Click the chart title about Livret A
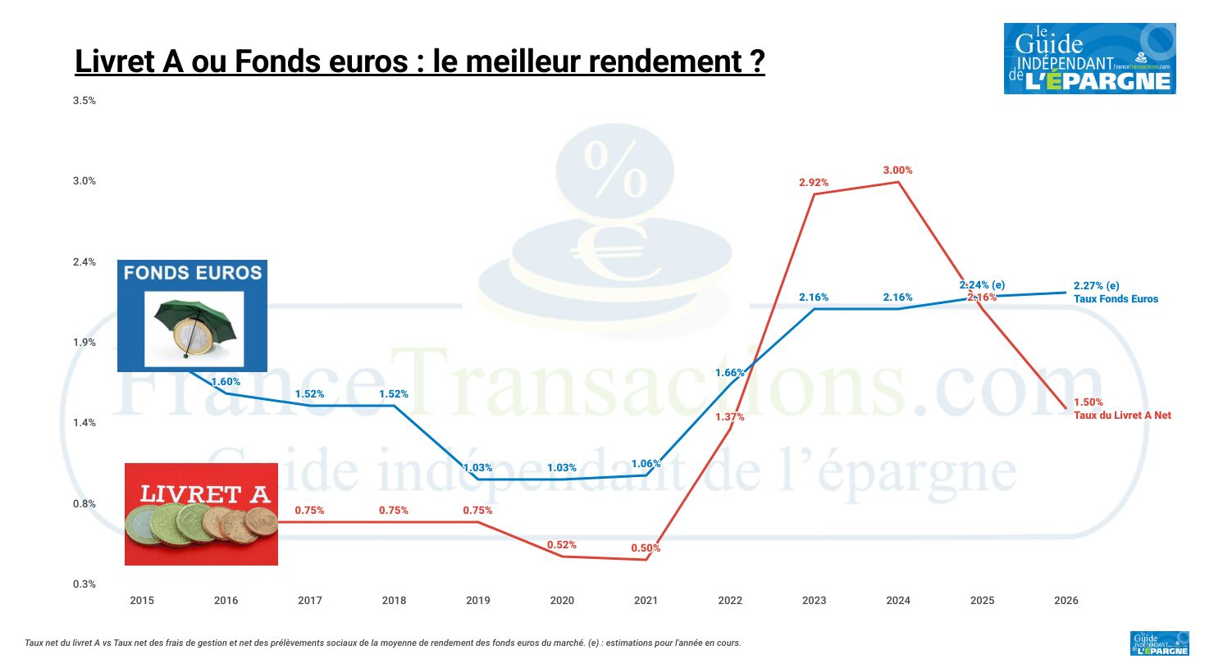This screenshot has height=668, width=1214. [x=419, y=61]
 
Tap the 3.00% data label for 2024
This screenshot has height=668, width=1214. [x=897, y=170]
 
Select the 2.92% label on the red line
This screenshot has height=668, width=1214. [x=814, y=183]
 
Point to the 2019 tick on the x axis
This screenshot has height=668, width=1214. [x=478, y=601]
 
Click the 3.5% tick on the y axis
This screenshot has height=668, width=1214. [x=84, y=101]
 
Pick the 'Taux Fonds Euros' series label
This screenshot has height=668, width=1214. [x=1116, y=299]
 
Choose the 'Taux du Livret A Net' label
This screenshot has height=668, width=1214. [x=1122, y=416]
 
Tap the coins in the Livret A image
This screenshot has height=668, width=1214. [x=202, y=525]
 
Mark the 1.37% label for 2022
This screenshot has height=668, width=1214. [x=729, y=417]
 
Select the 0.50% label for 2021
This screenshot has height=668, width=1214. [x=646, y=548]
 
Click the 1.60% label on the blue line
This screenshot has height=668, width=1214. [x=226, y=382]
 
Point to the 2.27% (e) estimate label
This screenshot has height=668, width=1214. [x=1096, y=286]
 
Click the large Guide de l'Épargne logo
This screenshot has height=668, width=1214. [x=1089, y=58]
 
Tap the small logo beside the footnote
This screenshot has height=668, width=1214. [x=1159, y=643]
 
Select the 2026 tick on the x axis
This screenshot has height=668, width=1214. [x=1066, y=601]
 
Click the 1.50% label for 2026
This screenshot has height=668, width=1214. [x=1088, y=402]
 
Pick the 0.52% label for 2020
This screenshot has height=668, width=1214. [x=562, y=545]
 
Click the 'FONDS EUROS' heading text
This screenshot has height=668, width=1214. [x=193, y=273]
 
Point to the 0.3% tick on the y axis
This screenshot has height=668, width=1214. [x=84, y=584]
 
